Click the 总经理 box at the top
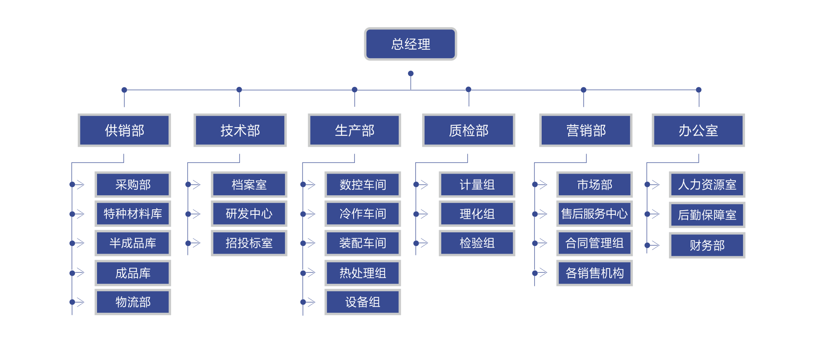410,44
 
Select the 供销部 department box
124,130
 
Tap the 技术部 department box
240,130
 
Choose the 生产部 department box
354,130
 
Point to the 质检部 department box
468,130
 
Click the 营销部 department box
586,130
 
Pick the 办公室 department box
698,130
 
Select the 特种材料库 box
133,214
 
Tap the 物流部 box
133,302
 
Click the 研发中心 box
249,214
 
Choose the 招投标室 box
249,243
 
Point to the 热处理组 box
363,273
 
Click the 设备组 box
363,302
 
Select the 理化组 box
477,214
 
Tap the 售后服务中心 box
594,214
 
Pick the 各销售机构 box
594,273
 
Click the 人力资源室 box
707,185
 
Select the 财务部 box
707,246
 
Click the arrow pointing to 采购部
79,185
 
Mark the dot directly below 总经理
411,74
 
